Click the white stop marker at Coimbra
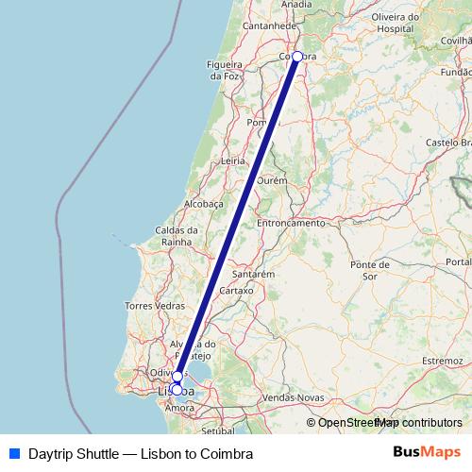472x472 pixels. pyautogui.click(x=297, y=57)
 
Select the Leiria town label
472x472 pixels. pyautogui.click(x=232, y=161)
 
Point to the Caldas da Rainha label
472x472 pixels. pyautogui.click(x=177, y=235)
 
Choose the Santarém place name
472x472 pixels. pyautogui.click(x=253, y=274)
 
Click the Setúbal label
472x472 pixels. pyautogui.click(x=218, y=430)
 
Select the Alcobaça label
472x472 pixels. pyautogui.click(x=203, y=203)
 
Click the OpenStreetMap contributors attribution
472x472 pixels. pyautogui.click(x=383, y=423)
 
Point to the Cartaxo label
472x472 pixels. pyautogui.click(x=237, y=291)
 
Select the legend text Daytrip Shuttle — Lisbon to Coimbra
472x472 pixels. pyautogui.click(x=141, y=453)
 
